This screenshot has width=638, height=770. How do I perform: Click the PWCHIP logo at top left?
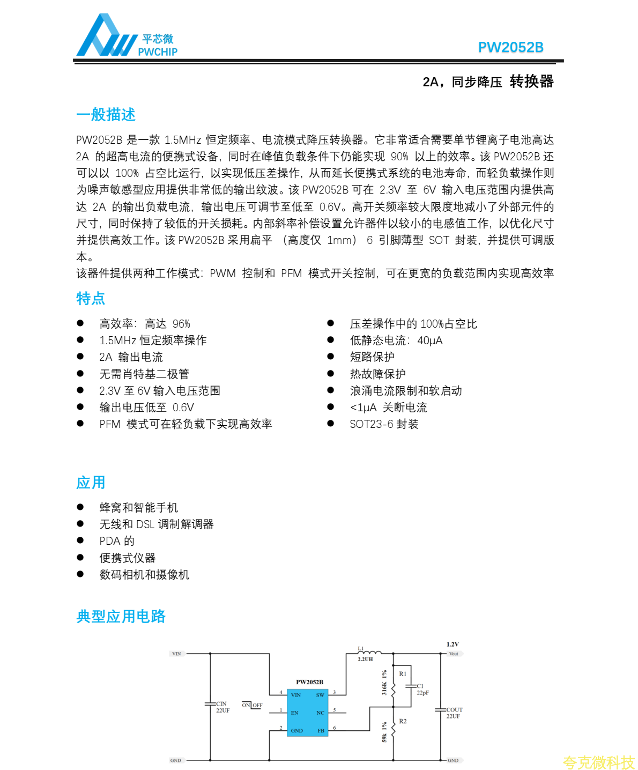click(x=127, y=36)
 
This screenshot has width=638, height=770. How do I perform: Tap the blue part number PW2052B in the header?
click(x=510, y=48)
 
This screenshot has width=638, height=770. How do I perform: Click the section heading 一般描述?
click(x=106, y=115)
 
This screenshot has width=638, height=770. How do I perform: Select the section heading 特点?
click(x=91, y=299)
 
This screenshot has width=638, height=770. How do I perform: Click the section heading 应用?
click(x=91, y=483)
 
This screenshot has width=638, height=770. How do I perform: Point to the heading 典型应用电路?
click(x=121, y=617)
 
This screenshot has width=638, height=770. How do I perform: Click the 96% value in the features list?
click(x=181, y=324)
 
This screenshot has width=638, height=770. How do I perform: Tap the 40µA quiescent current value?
click(x=430, y=340)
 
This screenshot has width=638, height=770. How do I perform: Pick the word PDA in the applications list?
click(x=109, y=541)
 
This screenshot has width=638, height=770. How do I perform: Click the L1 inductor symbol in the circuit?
click(x=370, y=653)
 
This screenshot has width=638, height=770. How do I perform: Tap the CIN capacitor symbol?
click(x=210, y=704)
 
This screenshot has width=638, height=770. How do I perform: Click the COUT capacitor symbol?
click(x=440, y=710)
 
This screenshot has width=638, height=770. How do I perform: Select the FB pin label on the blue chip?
click(x=321, y=730)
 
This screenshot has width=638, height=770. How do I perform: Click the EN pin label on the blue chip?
click(x=294, y=713)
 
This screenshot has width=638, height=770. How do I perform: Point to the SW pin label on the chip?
click(x=320, y=695)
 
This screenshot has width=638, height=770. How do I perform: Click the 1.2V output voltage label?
click(x=452, y=645)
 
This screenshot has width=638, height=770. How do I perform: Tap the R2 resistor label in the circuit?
click(x=403, y=721)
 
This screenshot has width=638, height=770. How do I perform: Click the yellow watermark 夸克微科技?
click(x=598, y=762)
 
